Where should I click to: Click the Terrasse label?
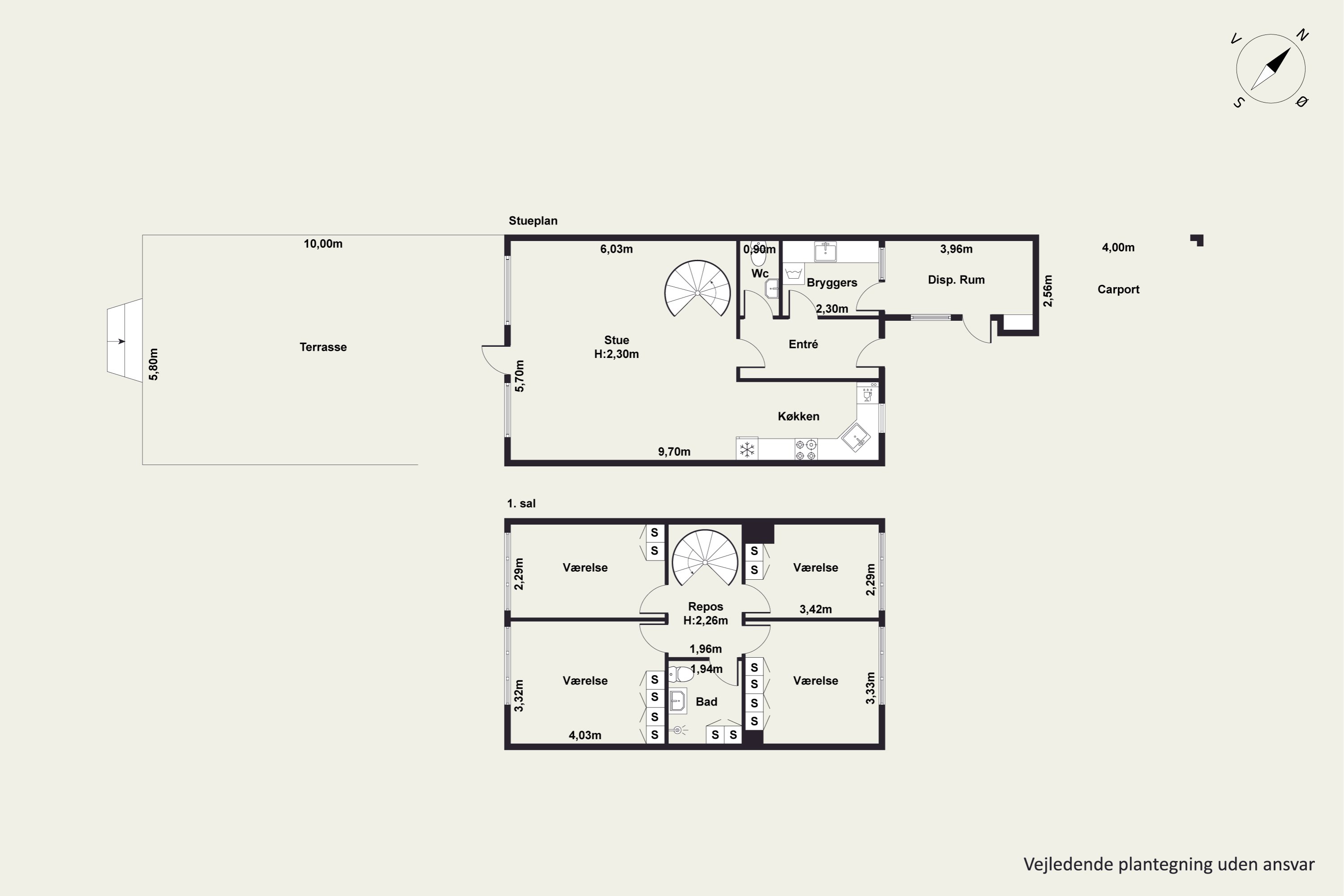tap(323, 347)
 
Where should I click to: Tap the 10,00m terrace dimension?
tap(323, 244)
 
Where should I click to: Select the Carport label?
tap(1118, 290)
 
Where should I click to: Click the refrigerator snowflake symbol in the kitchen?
tap(747, 450)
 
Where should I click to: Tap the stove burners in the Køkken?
tap(806, 450)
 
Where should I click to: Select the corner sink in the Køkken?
tap(855, 438)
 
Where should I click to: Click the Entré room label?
tap(803, 344)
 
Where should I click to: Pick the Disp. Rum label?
tap(956, 280)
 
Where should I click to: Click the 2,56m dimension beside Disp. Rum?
tap(1047, 291)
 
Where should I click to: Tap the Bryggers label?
tap(831, 283)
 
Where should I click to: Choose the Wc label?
tap(759, 274)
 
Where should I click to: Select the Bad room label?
tap(706, 702)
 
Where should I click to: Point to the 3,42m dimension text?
tap(815, 610)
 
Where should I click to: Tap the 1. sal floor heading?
tap(521, 504)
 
